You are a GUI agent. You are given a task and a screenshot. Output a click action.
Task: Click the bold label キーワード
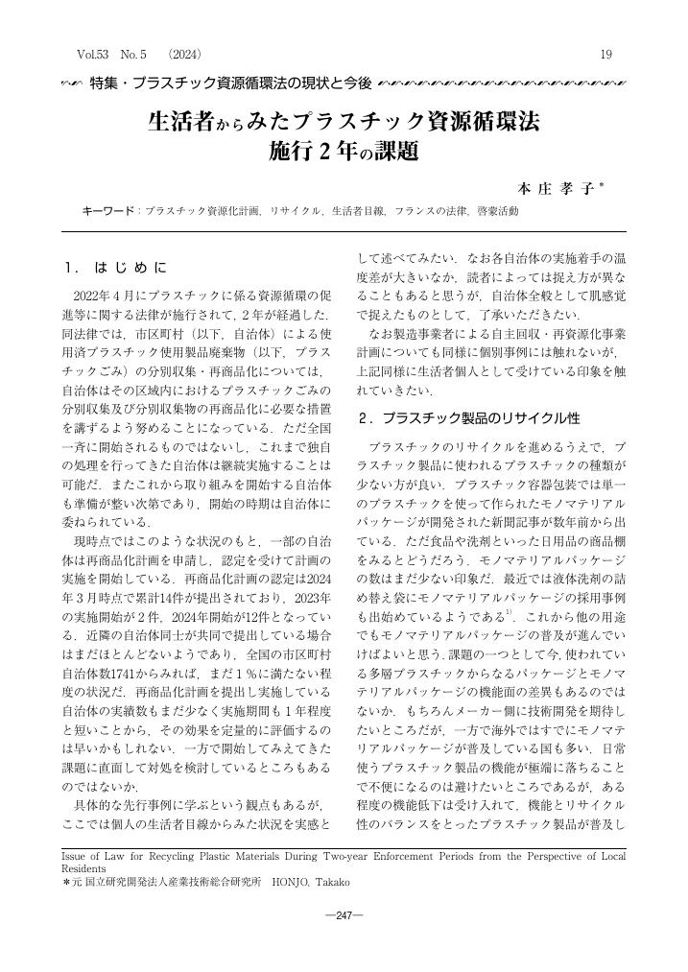click(108, 209)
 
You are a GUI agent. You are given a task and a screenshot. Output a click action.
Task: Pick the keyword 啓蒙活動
click(498, 209)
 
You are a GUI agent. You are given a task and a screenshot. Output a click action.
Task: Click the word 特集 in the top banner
click(105, 86)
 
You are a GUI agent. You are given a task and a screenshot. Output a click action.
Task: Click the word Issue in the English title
click(74, 851)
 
